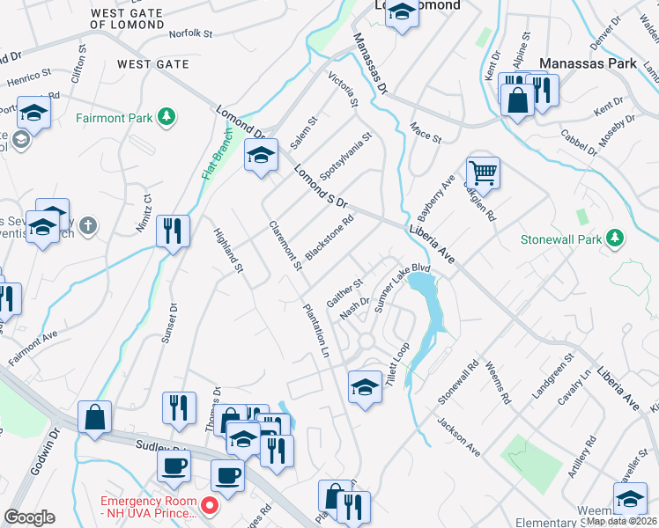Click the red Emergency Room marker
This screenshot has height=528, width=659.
[210, 506]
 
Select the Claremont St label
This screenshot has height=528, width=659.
[286, 245]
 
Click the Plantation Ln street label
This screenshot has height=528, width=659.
[315, 330]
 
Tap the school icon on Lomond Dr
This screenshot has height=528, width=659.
[260, 155]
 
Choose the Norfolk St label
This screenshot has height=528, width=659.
[192, 33]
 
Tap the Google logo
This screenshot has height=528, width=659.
[29, 517]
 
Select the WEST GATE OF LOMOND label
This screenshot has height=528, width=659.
[139, 18]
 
